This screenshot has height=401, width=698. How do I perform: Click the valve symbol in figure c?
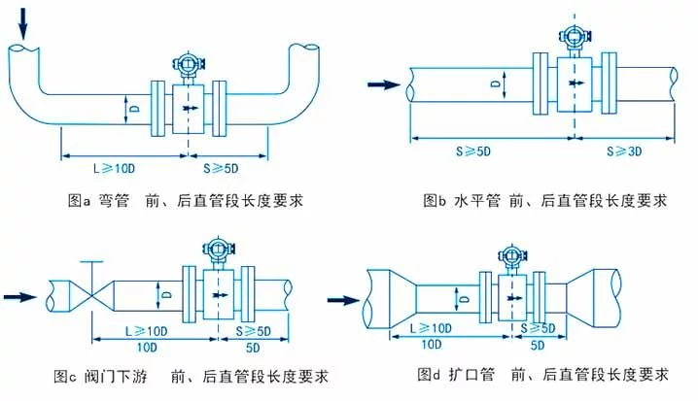click(90, 292)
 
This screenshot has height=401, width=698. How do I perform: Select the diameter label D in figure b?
click(496, 86)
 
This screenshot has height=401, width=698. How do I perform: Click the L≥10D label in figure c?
click(134, 330)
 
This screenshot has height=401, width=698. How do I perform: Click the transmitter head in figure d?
click(508, 255)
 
